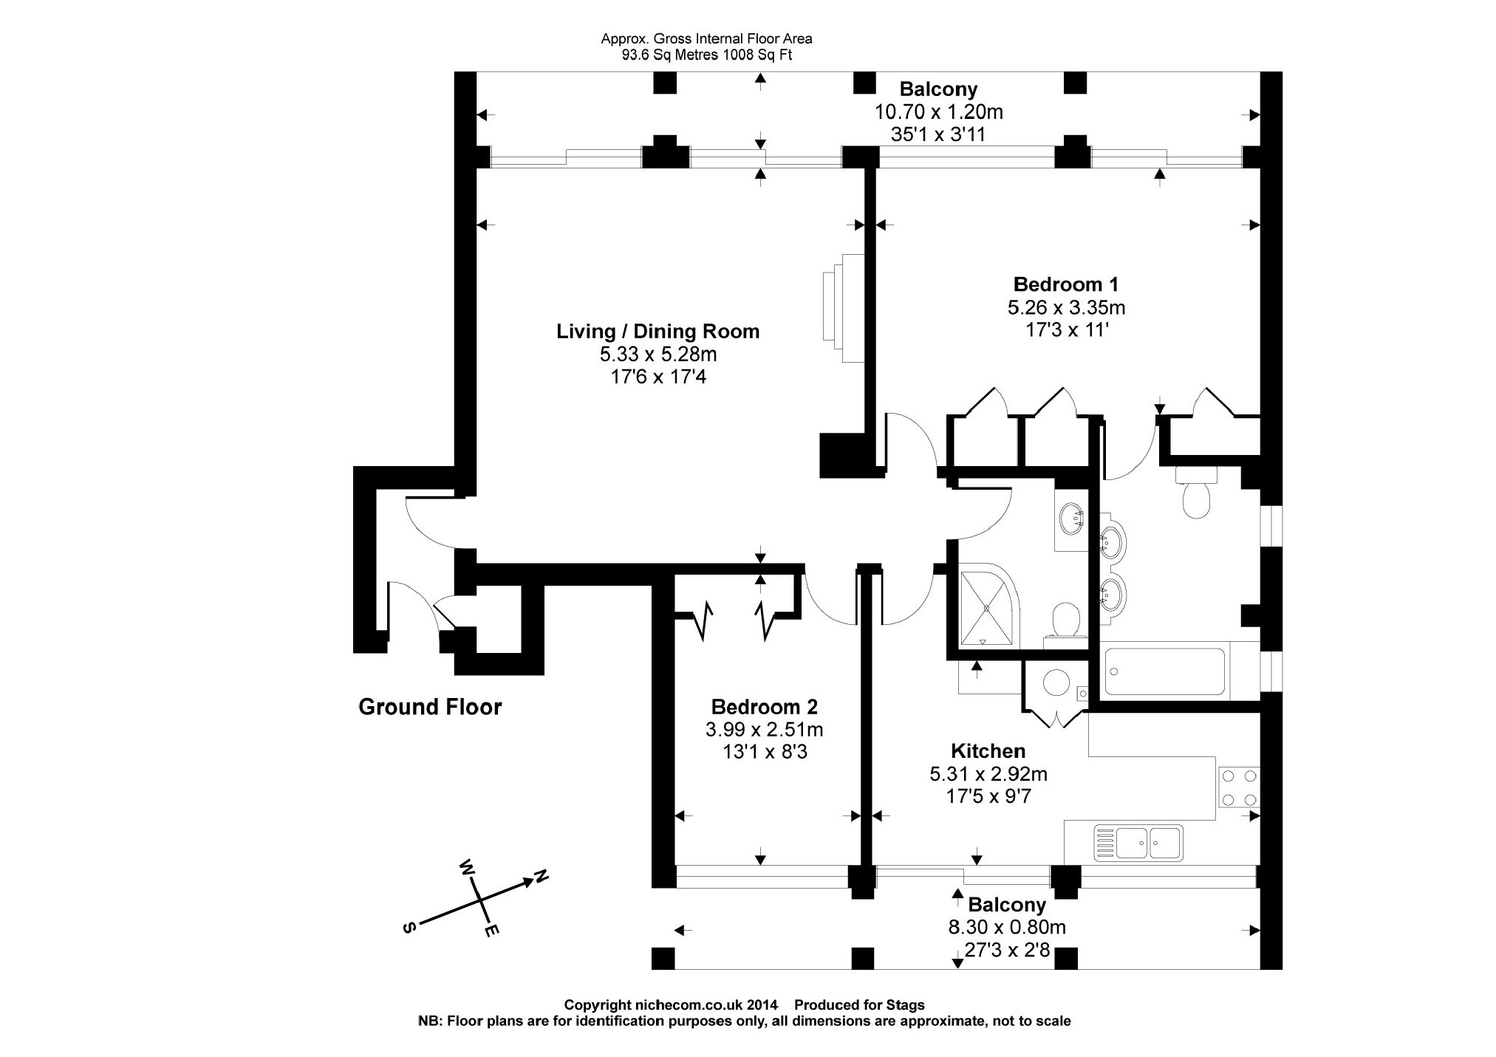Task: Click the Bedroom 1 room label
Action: click(1065, 284)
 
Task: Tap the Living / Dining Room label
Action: click(658, 332)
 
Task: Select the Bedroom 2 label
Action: click(764, 707)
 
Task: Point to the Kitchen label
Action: click(988, 751)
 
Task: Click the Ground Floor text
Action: click(430, 707)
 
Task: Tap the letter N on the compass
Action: click(542, 877)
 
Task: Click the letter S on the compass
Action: click(407, 928)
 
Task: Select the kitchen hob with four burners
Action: click(1238, 787)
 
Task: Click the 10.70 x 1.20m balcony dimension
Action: click(938, 112)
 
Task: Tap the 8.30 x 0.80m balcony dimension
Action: click(1007, 926)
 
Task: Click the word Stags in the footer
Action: click(906, 1005)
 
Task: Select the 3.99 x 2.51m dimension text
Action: click(764, 730)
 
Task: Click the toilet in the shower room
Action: click(1065, 621)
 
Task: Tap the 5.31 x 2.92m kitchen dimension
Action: click(988, 774)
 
